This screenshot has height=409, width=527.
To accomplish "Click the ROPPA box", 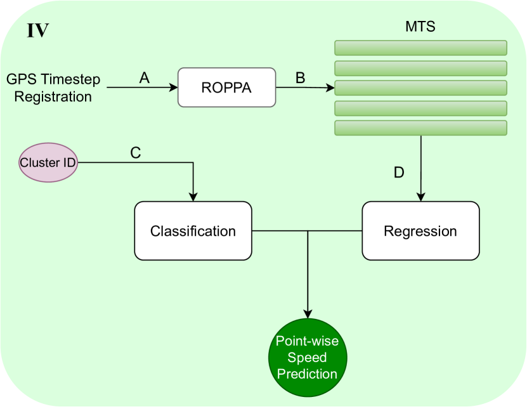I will (x=227, y=87).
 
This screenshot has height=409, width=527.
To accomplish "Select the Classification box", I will (x=193, y=231).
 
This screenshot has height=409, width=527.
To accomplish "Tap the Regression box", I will (x=420, y=231).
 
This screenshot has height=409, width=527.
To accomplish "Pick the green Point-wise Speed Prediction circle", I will (x=308, y=358).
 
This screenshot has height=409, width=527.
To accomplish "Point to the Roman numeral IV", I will (x=37, y=30).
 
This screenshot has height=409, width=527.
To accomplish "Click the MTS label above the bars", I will (x=420, y=28).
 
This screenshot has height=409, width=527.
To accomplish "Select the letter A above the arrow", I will (x=145, y=77).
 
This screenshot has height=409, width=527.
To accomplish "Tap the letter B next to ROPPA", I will (x=301, y=77).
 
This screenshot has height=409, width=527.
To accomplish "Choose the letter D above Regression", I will (x=399, y=172).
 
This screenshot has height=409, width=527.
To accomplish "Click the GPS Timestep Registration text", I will (x=49, y=88).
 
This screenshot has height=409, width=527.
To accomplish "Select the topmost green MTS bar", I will (x=420, y=48).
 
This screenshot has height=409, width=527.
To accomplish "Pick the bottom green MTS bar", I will (x=420, y=127).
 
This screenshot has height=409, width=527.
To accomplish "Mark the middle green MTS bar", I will (x=420, y=88).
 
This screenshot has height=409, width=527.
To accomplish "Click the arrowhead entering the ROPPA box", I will (x=174, y=88).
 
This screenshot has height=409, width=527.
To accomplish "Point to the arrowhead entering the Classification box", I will (x=193, y=197).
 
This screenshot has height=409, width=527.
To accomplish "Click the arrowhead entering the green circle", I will (x=308, y=315).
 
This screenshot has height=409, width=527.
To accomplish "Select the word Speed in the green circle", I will (x=308, y=358).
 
